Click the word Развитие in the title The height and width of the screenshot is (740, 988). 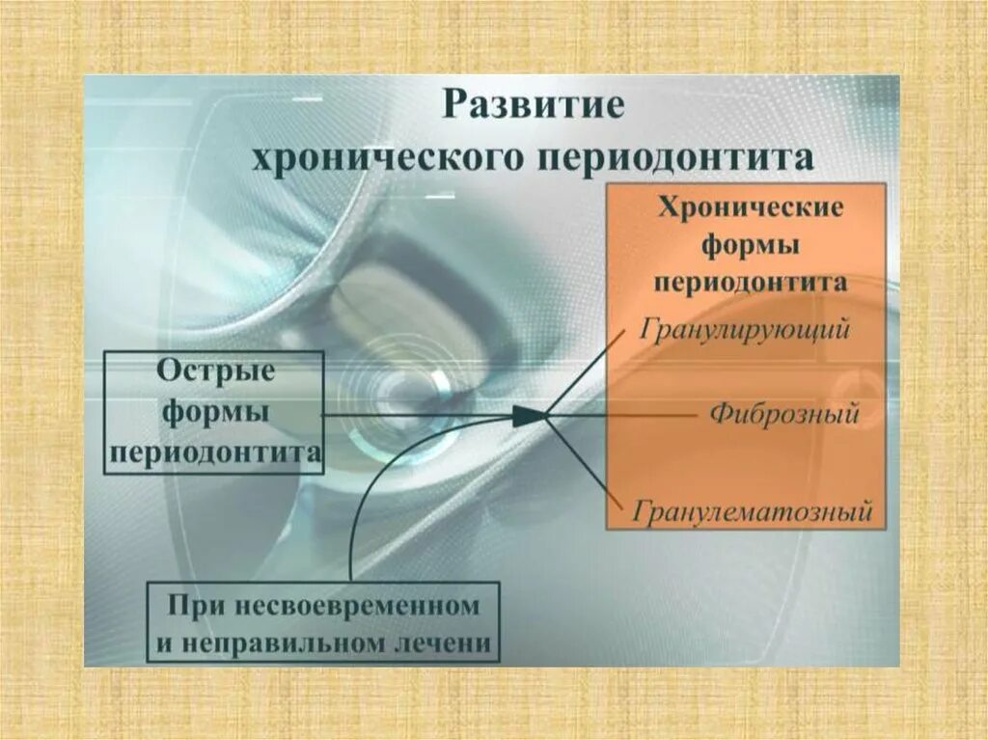coord(533,104)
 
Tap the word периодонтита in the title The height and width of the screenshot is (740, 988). coord(689,156)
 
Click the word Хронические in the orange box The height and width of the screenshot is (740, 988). coord(750,208)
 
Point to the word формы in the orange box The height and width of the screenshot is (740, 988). coord(750,245)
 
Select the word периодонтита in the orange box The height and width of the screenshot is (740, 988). coord(750,282)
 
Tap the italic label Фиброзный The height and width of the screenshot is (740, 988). coord(783,415)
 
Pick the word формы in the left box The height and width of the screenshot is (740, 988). coord(214,412)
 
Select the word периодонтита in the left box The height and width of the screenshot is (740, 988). coord(214,452)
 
